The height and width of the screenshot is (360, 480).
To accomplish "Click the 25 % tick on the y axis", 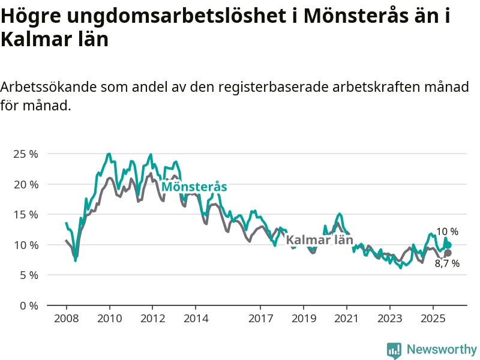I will pyautogui.click(x=25, y=154).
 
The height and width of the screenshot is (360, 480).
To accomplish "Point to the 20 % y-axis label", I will pyautogui.click(x=25, y=184).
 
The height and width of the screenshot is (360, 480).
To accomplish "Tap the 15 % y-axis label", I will pyautogui.click(x=25, y=214).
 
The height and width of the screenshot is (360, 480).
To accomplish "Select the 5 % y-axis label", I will pyautogui.click(x=28, y=275).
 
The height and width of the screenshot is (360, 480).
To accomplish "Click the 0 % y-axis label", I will pyautogui.click(x=28, y=305).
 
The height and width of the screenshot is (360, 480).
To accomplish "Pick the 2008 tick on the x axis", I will pyautogui.click(x=66, y=317).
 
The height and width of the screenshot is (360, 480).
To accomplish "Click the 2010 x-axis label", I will pyautogui.click(x=109, y=317).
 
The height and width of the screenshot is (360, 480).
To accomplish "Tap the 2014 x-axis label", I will pyautogui.click(x=196, y=317).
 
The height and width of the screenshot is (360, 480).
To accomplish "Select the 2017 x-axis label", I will pyautogui.click(x=260, y=317).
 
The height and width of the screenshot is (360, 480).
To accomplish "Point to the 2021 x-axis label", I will pyautogui.click(x=347, y=317).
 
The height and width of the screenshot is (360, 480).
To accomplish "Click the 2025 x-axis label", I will pyautogui.click(x=433, y=317).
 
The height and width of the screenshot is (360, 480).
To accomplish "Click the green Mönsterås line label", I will pyautogui.click(x=194, y=187).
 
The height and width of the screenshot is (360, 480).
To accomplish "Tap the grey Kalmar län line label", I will pyautogui.click(x=319, y=241).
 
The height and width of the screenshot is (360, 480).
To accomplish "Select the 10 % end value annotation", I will pyautogui.click(x=447, y=232).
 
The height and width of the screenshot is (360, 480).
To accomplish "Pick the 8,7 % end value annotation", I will pyautogui.click(x=447, y=263).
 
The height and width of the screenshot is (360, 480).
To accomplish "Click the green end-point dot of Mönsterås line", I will pyautogui.click(x=448, y=245).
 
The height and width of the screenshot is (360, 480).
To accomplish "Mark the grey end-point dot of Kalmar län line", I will pyautogui.click(x=448, y=253).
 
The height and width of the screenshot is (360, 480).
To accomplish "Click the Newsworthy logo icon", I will pyautogui.click(x=394, y=350).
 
